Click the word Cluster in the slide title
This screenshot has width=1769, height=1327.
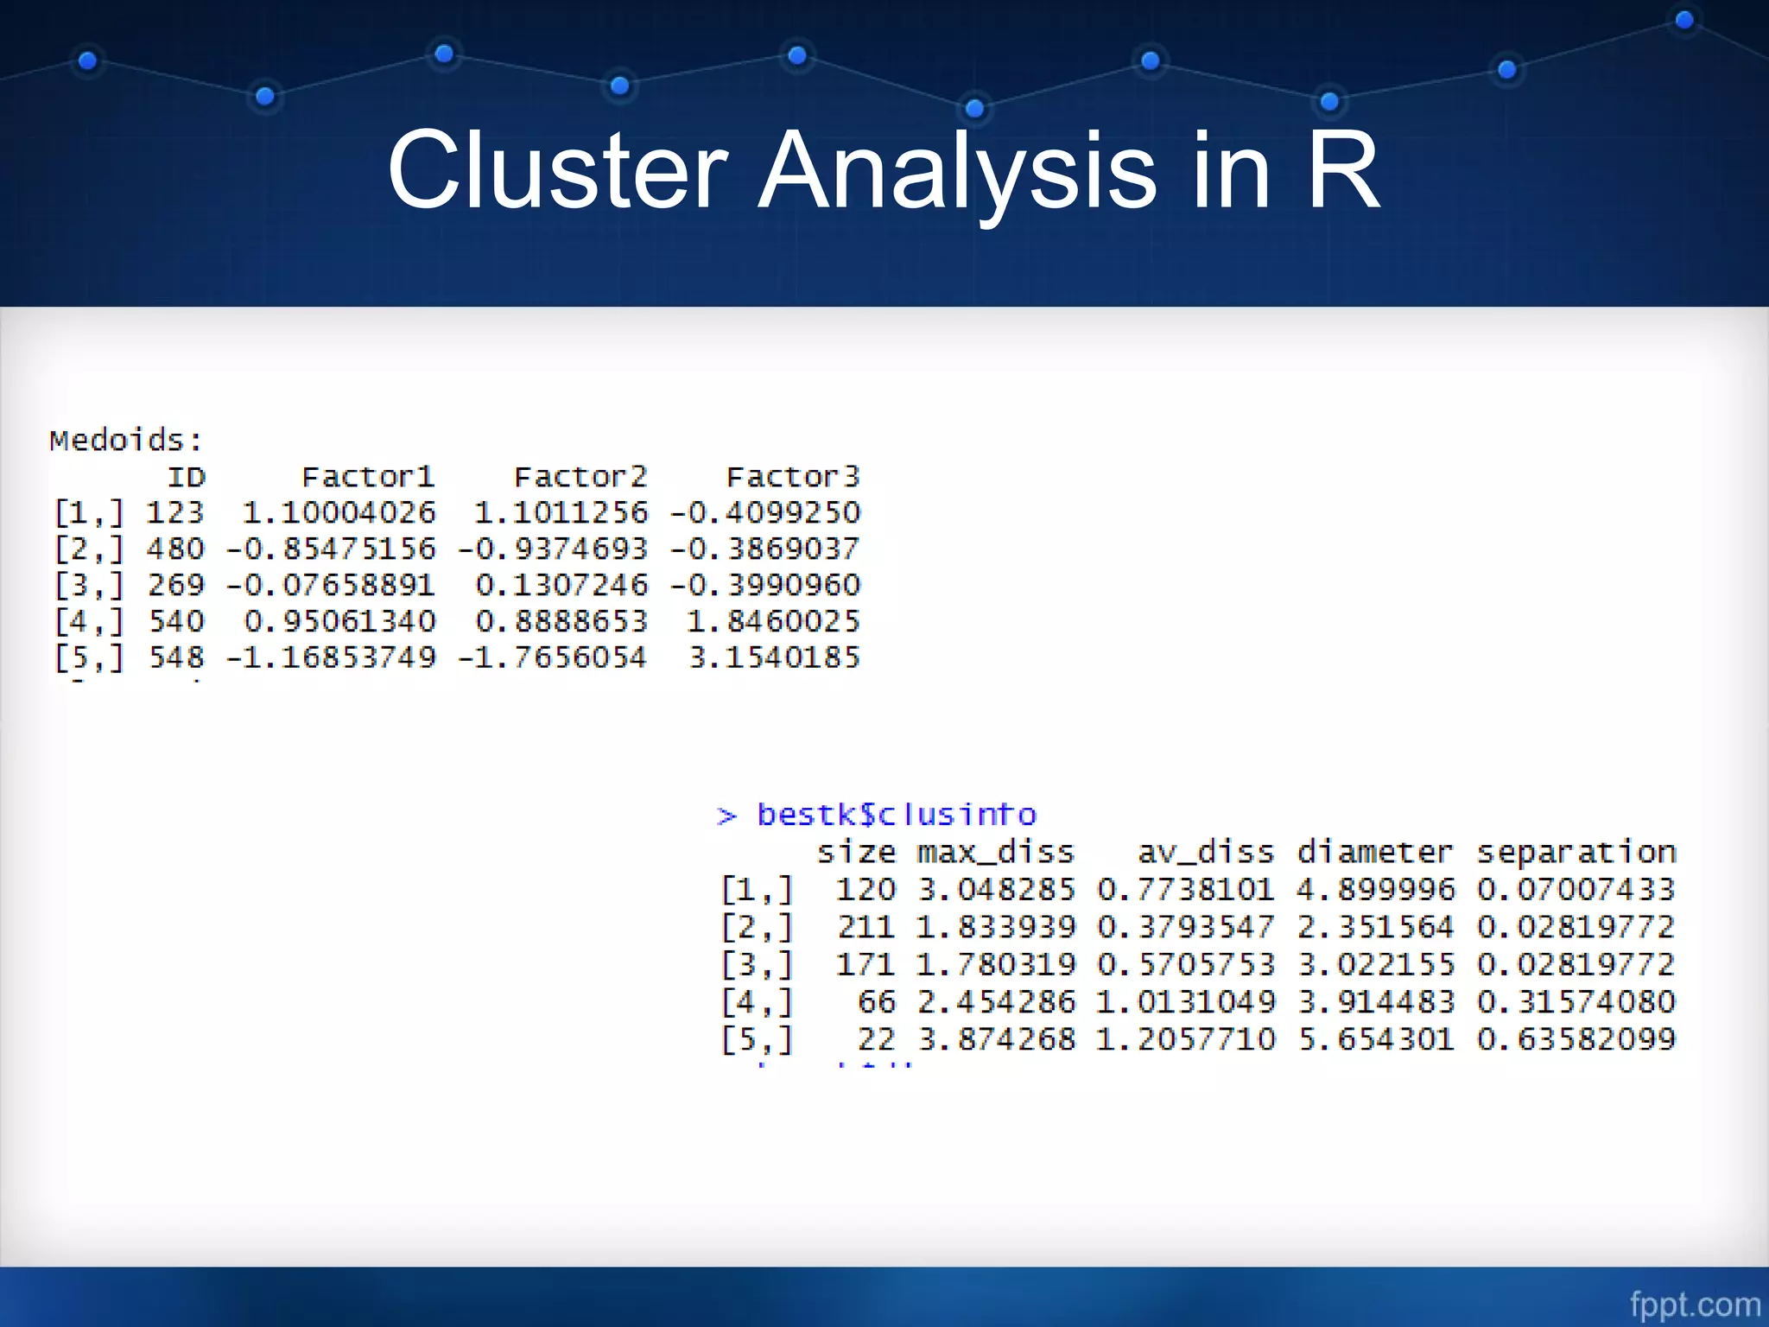click(x=558, y=170)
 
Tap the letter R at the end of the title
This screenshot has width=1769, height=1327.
click(x=1343, y=170)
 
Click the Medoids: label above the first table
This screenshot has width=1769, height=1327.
click(x=126, y=441)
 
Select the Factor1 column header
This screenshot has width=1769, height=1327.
click(x=368, y=477)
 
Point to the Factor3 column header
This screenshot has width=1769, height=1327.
click(x=793, y=477)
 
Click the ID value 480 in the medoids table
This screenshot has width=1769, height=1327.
click(x=175, y=549)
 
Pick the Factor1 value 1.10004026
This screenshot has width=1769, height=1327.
click(x=339, y=512)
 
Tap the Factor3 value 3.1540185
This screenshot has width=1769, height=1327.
click(x=775, y=657)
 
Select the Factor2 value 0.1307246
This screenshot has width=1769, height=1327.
click(x=561, y=585)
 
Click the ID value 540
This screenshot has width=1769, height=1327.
click(x=176, y=621)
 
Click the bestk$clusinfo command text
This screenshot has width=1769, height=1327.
click(x=897, y=815)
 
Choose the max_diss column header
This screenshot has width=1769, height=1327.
click(x=995, y=853)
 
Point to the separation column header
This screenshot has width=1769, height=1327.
click(x=1576, y=853)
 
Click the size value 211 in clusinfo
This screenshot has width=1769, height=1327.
click(x=866, y=927)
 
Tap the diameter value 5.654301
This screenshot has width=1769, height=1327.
click(x=1377, y=1038)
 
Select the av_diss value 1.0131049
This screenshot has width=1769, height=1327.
click(x=1186, y=1001)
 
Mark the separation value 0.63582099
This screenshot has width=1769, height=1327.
click(x=1576, y=1038)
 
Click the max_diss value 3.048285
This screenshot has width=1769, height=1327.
click(x=997, y=889)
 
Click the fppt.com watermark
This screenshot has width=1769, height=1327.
click(x=1695, y=1304)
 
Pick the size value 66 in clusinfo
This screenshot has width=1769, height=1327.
click(x=877, y=1001)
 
